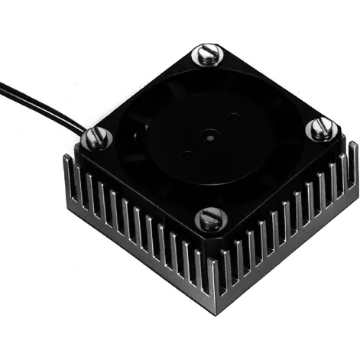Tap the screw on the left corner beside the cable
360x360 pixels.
[x=97, y=138]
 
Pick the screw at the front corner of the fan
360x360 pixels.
[x=210, y=220]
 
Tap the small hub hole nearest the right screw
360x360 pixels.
[x=232, y=118]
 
